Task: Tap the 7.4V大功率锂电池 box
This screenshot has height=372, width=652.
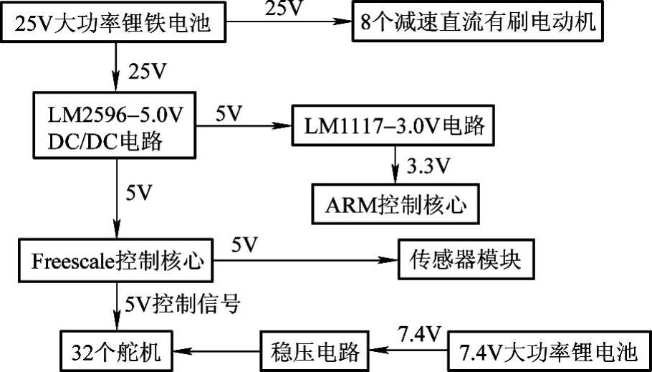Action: [548, 352]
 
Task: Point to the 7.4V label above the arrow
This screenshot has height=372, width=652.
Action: [412, 331]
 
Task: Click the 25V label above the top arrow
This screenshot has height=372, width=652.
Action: [284, 9]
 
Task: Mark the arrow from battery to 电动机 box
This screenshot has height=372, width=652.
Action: [286, 23]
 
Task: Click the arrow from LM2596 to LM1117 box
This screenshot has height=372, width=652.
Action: [244, 128]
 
